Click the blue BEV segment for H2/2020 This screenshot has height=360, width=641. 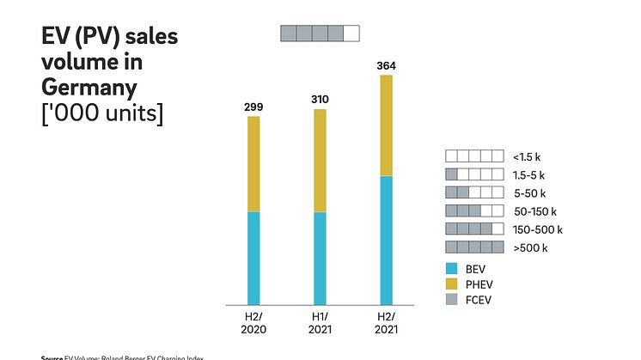[253, 258]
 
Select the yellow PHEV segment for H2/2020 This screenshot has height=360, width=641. [253, 163]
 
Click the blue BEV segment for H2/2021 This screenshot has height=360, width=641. [387, 240]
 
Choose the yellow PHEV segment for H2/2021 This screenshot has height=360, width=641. [387, 125]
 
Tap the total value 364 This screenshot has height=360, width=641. [387, 66]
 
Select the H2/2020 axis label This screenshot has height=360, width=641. [253, 323]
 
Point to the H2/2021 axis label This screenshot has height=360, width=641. [387, 323]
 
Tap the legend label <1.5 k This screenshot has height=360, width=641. [526, 156]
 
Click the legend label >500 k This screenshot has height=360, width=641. [529, 247]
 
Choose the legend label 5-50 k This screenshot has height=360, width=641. [529, 192]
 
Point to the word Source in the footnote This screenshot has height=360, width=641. [52, 357]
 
